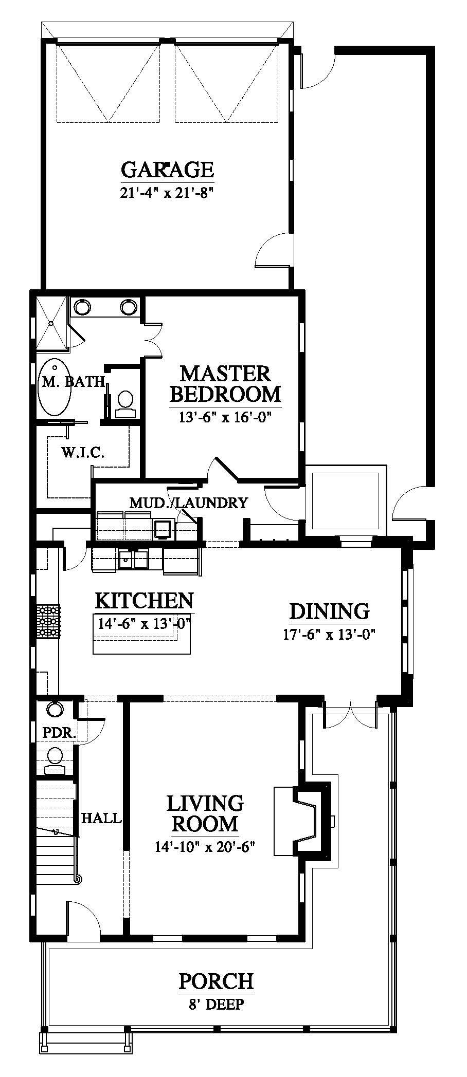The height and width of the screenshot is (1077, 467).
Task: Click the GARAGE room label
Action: coord(167,169)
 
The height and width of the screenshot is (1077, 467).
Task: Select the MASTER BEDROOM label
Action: coord(225,384)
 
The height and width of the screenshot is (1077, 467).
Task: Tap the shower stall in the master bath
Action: coord(51,325)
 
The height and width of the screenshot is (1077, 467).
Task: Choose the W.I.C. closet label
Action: coord(83,453)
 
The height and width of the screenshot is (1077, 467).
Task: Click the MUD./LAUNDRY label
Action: coord(188,503)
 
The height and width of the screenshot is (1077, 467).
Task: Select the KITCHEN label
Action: coord(145,600)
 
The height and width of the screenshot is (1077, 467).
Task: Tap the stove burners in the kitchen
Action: coord(47,622)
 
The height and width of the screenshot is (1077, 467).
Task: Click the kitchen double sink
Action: coord(133,560)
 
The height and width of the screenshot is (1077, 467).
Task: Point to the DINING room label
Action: coord(329,611)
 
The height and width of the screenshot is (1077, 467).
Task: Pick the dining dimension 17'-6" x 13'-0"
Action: coord(329,635)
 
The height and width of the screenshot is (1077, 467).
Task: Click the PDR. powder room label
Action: coord(59,733)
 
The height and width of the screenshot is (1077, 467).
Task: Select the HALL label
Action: coord(102,818)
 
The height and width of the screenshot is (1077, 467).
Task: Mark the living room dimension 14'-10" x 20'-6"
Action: coord(205,846)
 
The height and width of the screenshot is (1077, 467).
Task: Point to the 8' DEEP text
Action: coord(216,1004)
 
